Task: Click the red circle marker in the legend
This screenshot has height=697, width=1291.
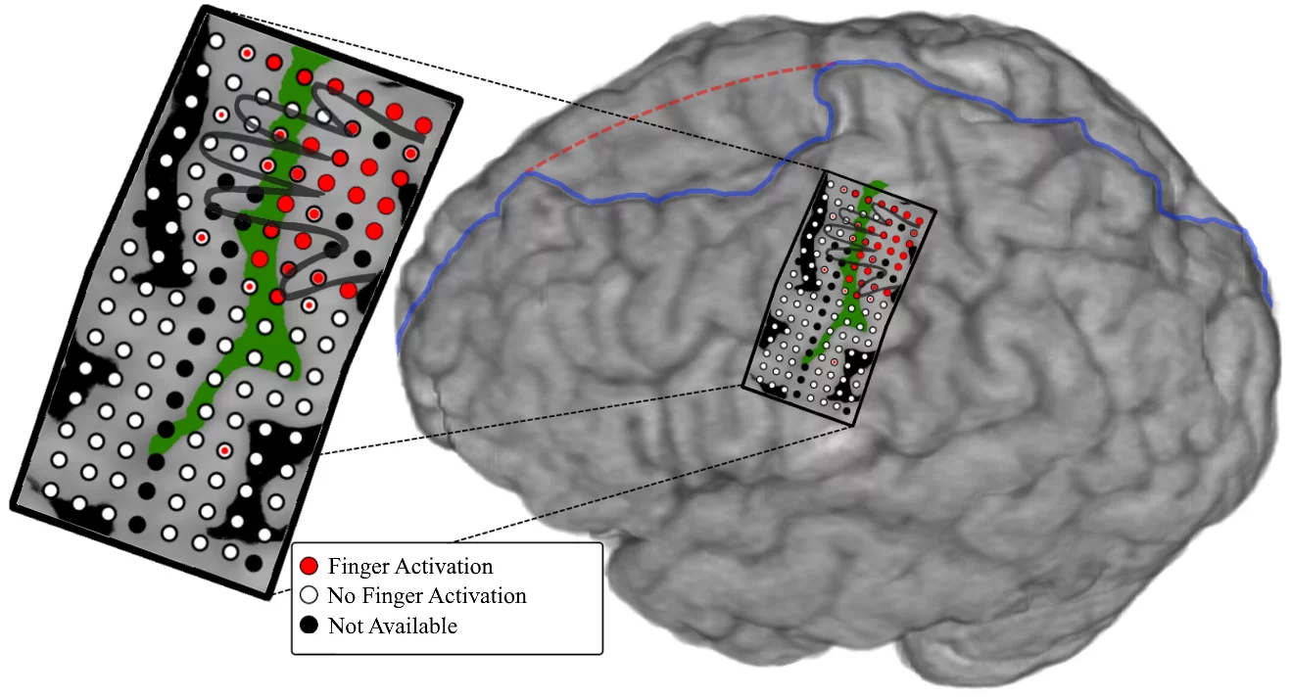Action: point(310,566)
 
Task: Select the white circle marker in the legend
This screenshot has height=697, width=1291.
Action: point(310,595)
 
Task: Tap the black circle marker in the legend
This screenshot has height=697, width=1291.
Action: point(310,625)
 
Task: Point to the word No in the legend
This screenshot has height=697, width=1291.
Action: point(341,595)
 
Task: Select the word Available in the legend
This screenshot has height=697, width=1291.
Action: point(411,626)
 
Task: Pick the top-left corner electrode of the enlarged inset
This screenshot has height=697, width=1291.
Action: point(216,42)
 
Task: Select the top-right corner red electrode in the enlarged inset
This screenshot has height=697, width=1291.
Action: point(423,125)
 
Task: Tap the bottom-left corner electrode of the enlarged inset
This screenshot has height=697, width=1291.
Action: point(50,489)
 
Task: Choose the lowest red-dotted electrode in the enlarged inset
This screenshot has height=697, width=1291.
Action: point(224,450)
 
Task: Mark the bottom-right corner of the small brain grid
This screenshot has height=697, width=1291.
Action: point(856,426)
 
